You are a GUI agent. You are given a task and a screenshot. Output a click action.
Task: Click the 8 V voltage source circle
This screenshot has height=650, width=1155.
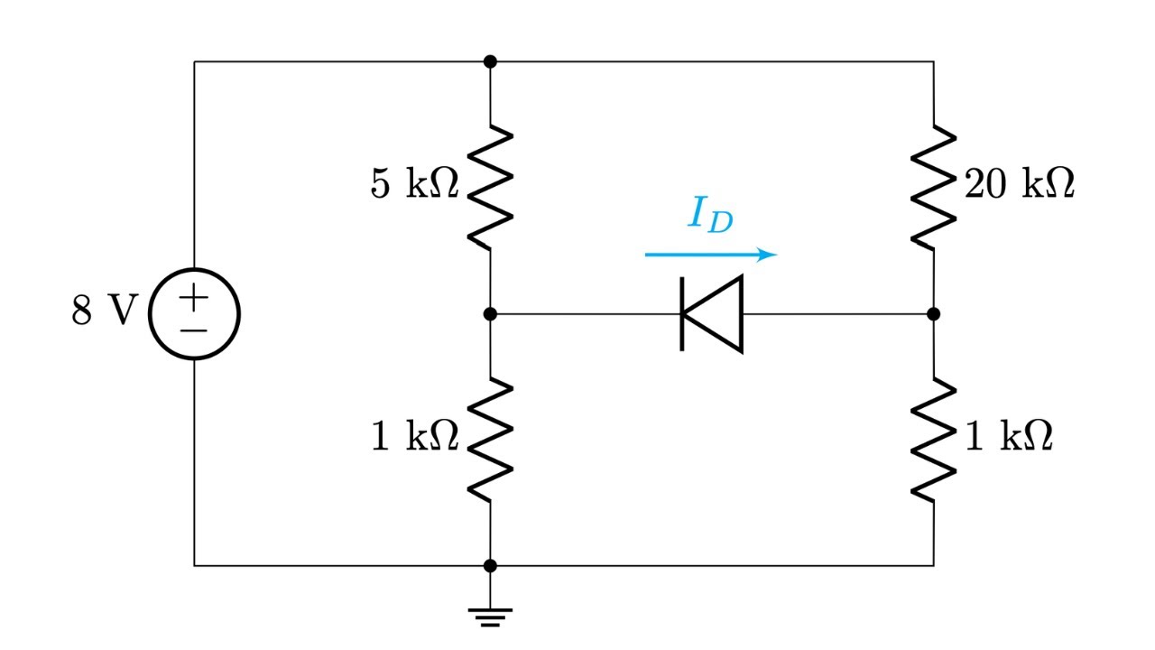[194, 314]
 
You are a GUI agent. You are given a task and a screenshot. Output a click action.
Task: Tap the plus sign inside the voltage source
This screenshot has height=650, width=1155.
[194, 296]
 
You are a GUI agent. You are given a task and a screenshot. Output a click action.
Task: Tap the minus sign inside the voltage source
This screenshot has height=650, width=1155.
[194, 330]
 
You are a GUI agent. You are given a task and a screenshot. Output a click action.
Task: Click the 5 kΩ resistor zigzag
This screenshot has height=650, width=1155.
[490, 188]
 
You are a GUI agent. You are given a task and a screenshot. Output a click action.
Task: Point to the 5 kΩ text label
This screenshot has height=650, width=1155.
[414, 185]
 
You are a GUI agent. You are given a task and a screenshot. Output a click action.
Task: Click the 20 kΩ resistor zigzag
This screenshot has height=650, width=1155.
[933, 188]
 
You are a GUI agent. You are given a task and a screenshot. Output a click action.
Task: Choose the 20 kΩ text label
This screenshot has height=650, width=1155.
[1020, 185]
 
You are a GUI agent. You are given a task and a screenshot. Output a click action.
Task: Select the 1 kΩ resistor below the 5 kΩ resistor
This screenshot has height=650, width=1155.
[490, 440]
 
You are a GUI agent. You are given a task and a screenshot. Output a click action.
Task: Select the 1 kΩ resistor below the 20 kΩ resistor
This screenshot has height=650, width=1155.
[933, 440]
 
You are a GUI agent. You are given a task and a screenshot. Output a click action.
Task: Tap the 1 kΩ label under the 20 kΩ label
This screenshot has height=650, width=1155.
[1009, 438]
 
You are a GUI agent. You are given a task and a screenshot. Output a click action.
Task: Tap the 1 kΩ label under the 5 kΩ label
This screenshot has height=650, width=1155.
[414, 438]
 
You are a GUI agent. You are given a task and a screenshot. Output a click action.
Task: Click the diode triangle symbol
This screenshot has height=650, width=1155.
[712, 314]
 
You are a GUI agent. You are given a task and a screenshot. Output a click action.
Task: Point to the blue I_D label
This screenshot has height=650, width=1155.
[710, 215]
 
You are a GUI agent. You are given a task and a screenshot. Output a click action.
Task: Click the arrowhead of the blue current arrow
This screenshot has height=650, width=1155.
[767, 255]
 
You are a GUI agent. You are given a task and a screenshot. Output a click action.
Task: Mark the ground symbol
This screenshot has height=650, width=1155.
[490, 617]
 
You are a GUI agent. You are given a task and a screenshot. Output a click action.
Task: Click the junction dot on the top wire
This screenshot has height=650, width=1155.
[490, 61]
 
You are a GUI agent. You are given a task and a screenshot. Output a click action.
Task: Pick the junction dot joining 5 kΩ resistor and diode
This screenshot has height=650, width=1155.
[490, 314]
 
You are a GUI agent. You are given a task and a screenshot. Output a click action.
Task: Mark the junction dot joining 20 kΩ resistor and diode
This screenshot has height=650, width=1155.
[933, 314]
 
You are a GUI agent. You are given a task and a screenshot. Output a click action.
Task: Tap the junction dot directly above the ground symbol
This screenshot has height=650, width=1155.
[490, 566]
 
